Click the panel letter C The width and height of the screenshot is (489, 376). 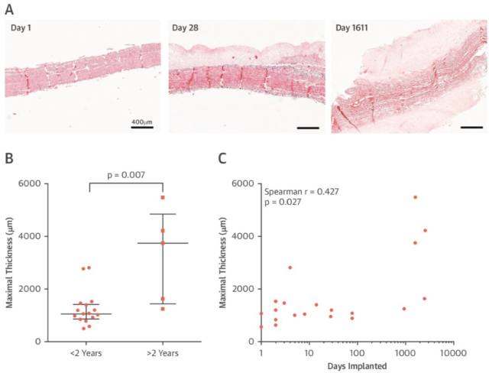coord(222,159)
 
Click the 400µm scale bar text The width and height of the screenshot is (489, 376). coord(141,122)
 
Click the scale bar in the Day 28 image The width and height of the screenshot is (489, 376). coord(306,128)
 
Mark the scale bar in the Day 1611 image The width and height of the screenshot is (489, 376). coord(471,128)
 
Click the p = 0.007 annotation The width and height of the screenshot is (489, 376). coord(126,173)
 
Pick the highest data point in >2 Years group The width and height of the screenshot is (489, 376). coord(162,197)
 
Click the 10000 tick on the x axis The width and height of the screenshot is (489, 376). coord(452,353)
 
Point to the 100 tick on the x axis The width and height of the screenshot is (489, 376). coord(357,353)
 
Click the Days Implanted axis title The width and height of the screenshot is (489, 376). coord(356,366)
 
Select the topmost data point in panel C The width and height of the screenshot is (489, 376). coord(415,197)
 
